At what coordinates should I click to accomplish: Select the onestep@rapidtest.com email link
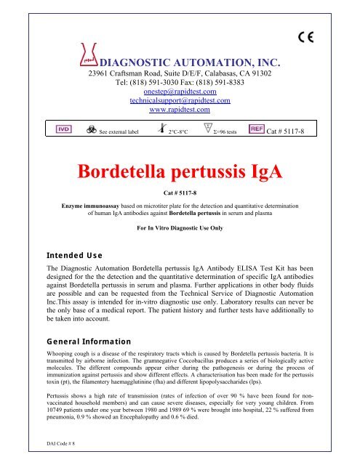pos(179,91)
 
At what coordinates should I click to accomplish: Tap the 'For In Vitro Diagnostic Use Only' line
pos(180,227)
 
